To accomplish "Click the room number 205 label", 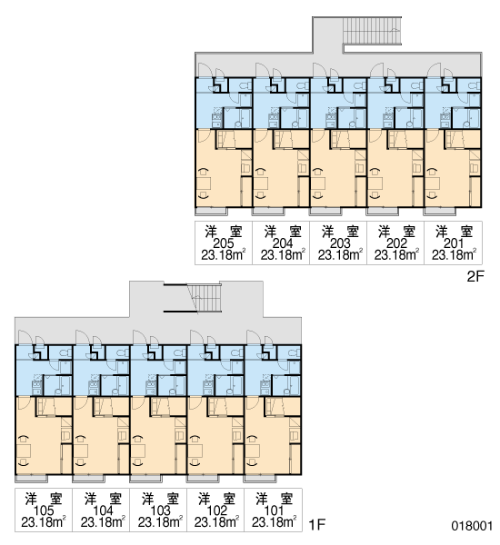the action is click(223, 243).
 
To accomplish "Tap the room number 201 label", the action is click(454, 243).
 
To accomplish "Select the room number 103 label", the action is click(160, 510).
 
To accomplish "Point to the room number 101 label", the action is click(274, 510).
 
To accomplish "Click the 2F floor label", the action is click(475, 277).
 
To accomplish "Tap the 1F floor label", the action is click(317, 524).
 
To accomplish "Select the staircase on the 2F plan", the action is click(372, 31).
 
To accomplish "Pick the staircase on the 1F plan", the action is click(205, 298).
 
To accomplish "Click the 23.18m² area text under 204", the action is click(283, 255).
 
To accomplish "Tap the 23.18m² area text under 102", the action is click(216, 522).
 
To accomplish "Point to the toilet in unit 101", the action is click(294, 353).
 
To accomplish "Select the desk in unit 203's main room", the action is click(318, 183).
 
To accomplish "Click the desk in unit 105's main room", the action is click(24, 451).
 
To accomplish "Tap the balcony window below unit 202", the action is click(383, 211).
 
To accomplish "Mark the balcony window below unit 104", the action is click(88, 479).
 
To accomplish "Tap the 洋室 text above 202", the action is click(397, 232).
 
